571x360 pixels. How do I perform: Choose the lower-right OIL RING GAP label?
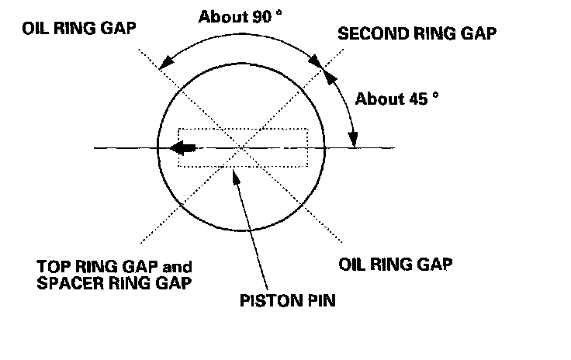tap(396, 264)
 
